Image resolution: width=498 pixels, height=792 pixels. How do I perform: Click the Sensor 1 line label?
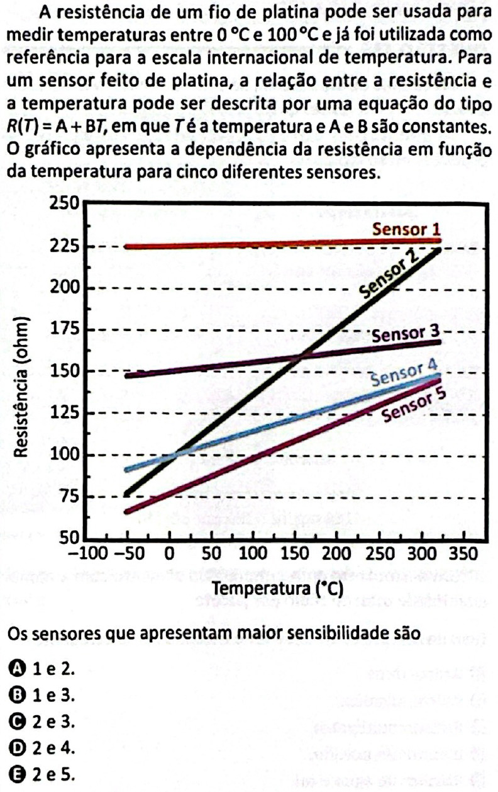coord(405,229)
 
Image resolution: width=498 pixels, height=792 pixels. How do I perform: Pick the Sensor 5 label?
coord(414,405)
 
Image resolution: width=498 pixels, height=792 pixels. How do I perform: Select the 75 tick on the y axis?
coord(67,497)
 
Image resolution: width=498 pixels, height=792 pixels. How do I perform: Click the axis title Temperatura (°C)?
coord(277,588)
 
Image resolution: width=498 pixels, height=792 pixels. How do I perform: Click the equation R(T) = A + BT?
coord(60,126)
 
